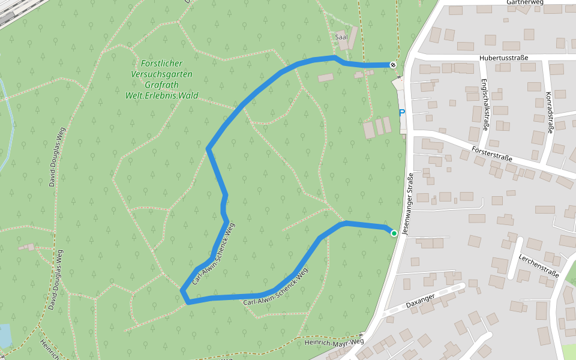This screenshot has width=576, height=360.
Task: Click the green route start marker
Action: click(x=394, y=233)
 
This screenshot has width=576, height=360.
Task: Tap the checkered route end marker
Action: click(x=392, y=64)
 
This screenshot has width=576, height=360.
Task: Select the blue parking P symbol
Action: click(x=401, y=112)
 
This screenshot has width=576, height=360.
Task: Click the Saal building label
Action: click(x=341, y=37)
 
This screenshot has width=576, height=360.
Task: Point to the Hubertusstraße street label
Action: click(x=503, y=58)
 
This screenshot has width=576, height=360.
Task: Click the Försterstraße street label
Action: click(x=492, y=154)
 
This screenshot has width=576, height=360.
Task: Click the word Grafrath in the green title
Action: click(x=161, y=85)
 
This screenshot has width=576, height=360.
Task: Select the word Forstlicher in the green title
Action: click(x=161, y=64)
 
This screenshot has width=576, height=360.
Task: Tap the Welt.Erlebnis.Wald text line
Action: click(x=161, y=95)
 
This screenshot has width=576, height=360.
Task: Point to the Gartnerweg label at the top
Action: click(x=524, y=2)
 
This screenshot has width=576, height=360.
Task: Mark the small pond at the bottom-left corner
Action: click(x=4, y=336)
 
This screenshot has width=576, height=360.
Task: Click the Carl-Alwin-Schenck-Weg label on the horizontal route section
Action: click(x=276, y=289)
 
